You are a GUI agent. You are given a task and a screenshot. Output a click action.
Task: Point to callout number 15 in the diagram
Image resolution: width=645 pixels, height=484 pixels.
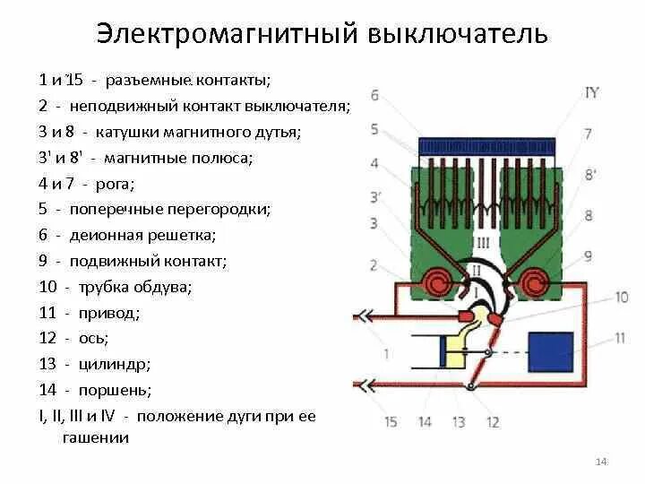tap(391, 421)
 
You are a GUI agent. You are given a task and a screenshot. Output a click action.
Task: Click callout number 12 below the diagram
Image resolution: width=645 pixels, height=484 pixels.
tap(494, 421)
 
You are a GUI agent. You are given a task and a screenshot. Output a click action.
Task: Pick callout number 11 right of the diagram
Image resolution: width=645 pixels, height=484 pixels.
tap(620, 338)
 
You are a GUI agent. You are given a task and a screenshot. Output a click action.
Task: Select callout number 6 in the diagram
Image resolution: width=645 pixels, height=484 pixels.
tap(374, 95)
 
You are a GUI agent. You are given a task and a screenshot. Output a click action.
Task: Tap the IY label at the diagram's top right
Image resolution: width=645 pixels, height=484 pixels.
tap(591, 92)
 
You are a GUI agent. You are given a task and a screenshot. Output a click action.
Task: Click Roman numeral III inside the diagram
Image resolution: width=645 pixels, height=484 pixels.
tap(484, 243)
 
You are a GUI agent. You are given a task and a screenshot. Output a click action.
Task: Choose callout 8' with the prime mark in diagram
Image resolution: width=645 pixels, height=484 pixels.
tap(589, 175)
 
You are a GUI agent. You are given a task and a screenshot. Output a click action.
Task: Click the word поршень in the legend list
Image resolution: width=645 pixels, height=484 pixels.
tap(115, 390)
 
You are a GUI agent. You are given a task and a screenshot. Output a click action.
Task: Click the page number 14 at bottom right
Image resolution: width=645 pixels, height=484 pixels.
tap(601, 461)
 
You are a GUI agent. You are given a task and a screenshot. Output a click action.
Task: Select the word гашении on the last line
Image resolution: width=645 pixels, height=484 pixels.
tap(96, 437)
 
